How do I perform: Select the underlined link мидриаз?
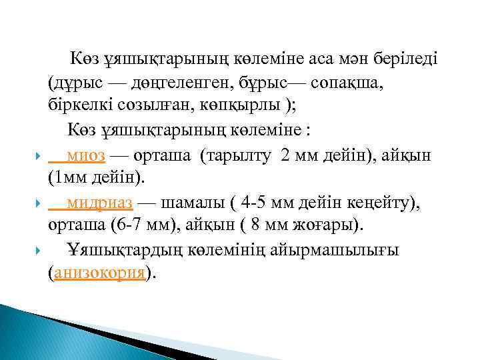[x=100, y=204]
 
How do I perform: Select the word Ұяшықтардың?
[x=121, y=251]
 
